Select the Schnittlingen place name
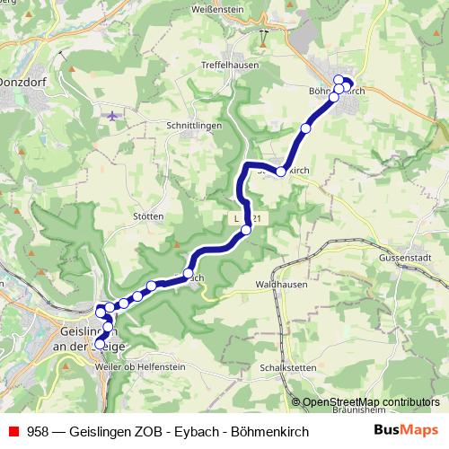pos(194,127)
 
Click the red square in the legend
pos(13,432)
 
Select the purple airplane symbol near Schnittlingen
pos(111,116)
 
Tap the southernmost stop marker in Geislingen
pos(100,343)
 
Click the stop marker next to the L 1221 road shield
pos(246,230)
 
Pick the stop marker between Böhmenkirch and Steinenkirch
pos(305,129)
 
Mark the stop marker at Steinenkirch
pos(281,171)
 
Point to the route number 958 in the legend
pos(39,432)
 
